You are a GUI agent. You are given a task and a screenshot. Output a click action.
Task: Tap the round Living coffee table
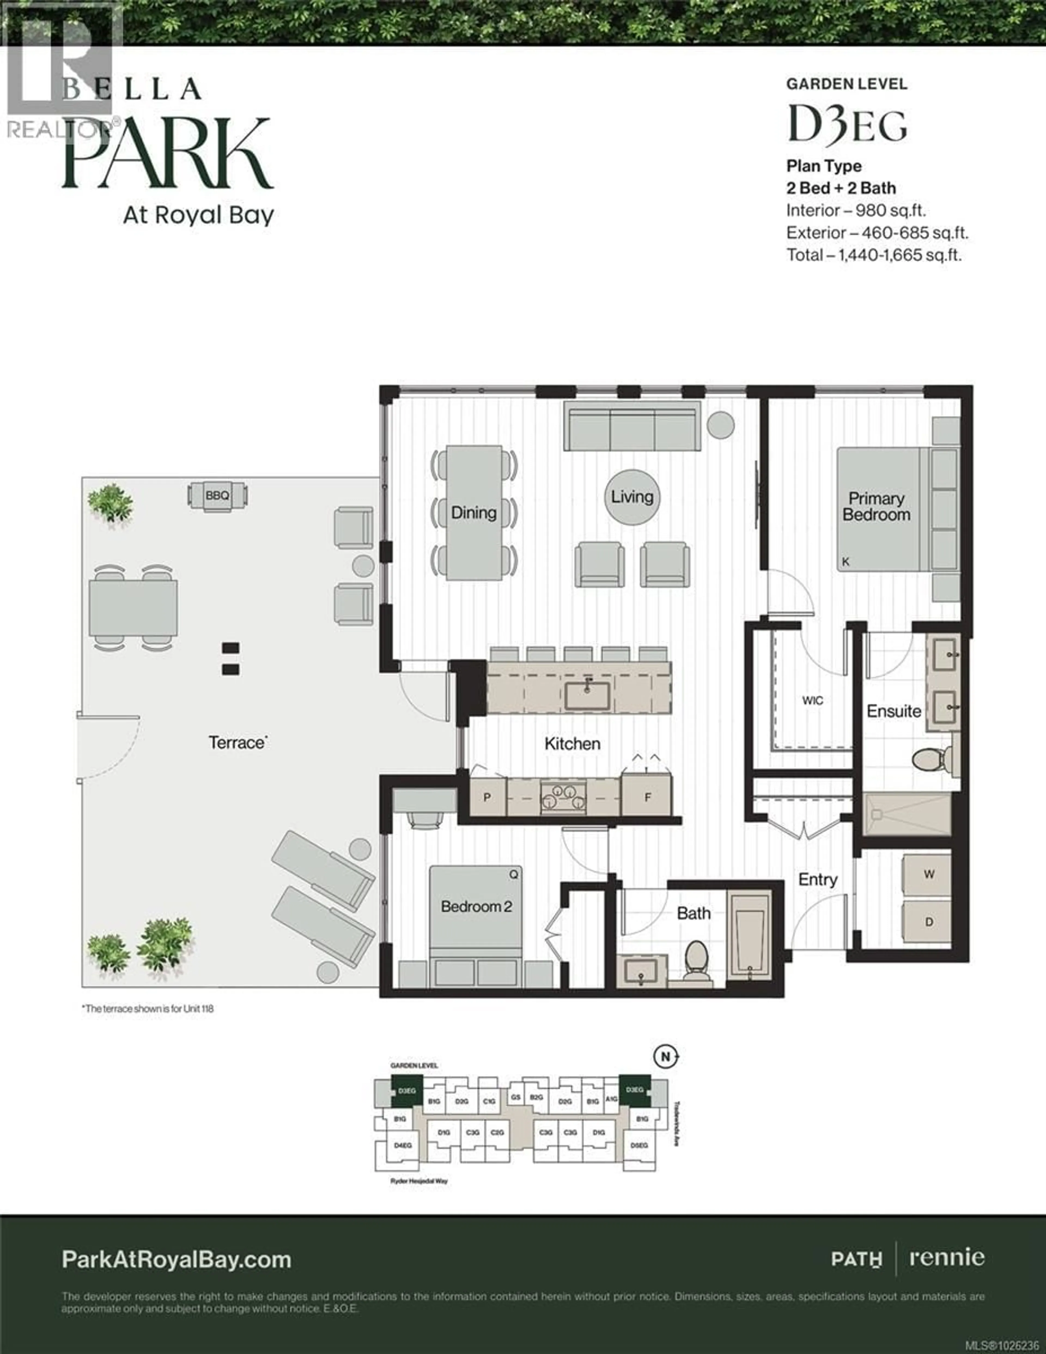tap(632, 497)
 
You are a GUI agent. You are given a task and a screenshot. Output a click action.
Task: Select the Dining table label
tap(474, 513)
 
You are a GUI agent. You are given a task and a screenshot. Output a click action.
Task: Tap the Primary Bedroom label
tap(876, 507)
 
